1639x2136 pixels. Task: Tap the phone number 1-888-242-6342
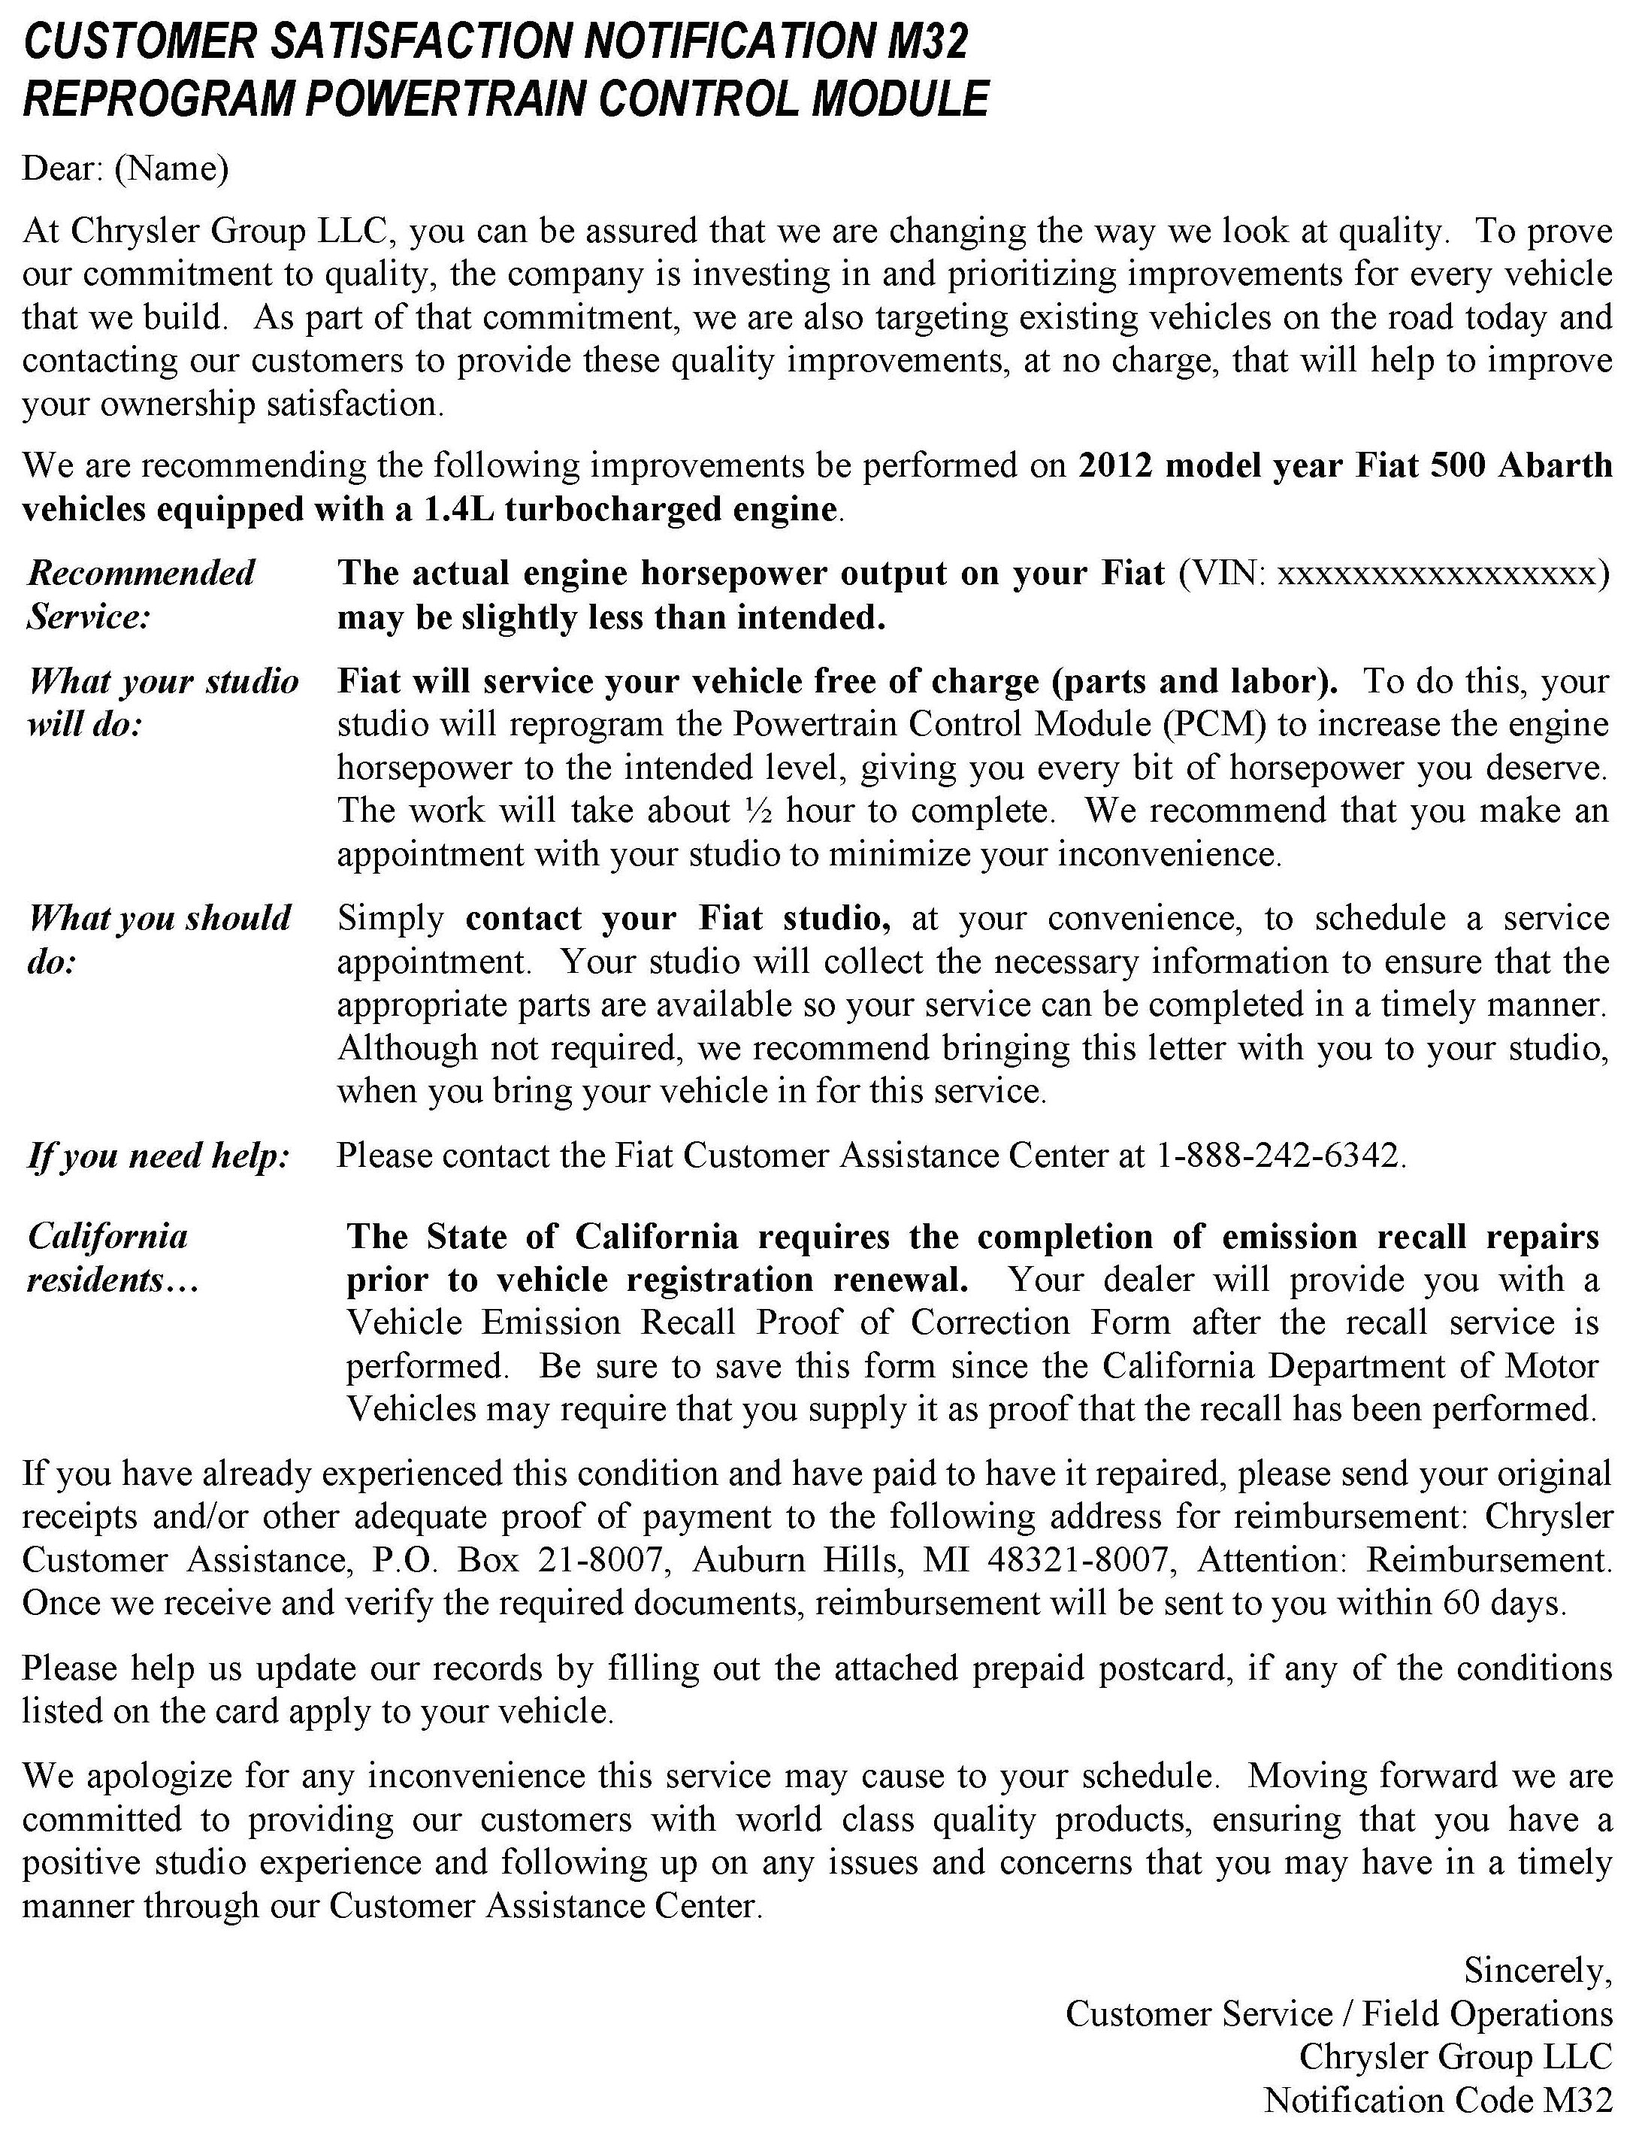[1278, 1156]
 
